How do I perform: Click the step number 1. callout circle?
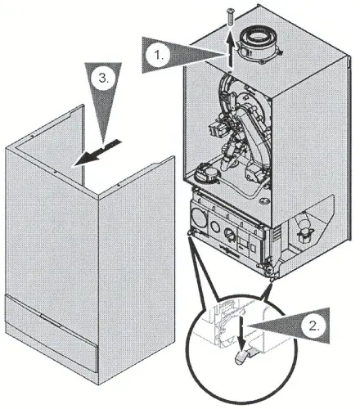157,55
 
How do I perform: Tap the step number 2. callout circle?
313,326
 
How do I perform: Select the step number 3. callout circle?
103,79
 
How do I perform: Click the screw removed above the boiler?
230,17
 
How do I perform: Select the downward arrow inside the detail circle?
241,330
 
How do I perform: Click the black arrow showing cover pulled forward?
97,153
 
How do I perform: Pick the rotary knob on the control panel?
228,233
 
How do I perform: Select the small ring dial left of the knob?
215,226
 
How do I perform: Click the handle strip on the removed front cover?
52,320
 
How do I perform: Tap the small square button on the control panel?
253,248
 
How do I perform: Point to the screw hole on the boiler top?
230,71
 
